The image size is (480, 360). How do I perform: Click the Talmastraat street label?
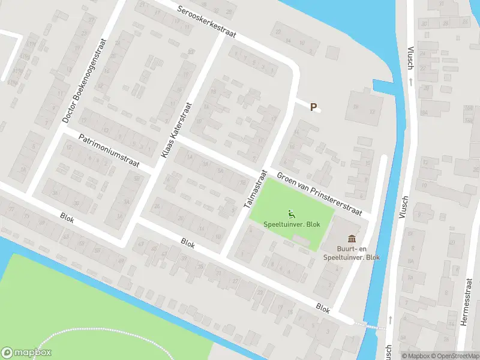pyautogui.click(x=255, y=188)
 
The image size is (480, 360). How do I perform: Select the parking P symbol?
pyautogui.click(x=313, y=107)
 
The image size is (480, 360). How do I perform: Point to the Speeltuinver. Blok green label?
pyautogui.click(x=292, y=224)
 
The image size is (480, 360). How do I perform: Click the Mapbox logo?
pyautogui.click(x=26, y=353)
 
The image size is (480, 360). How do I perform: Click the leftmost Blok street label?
pyautogui.click(x=67, y=217)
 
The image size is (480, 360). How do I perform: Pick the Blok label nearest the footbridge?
pyautogui.click(x=323, y=308)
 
